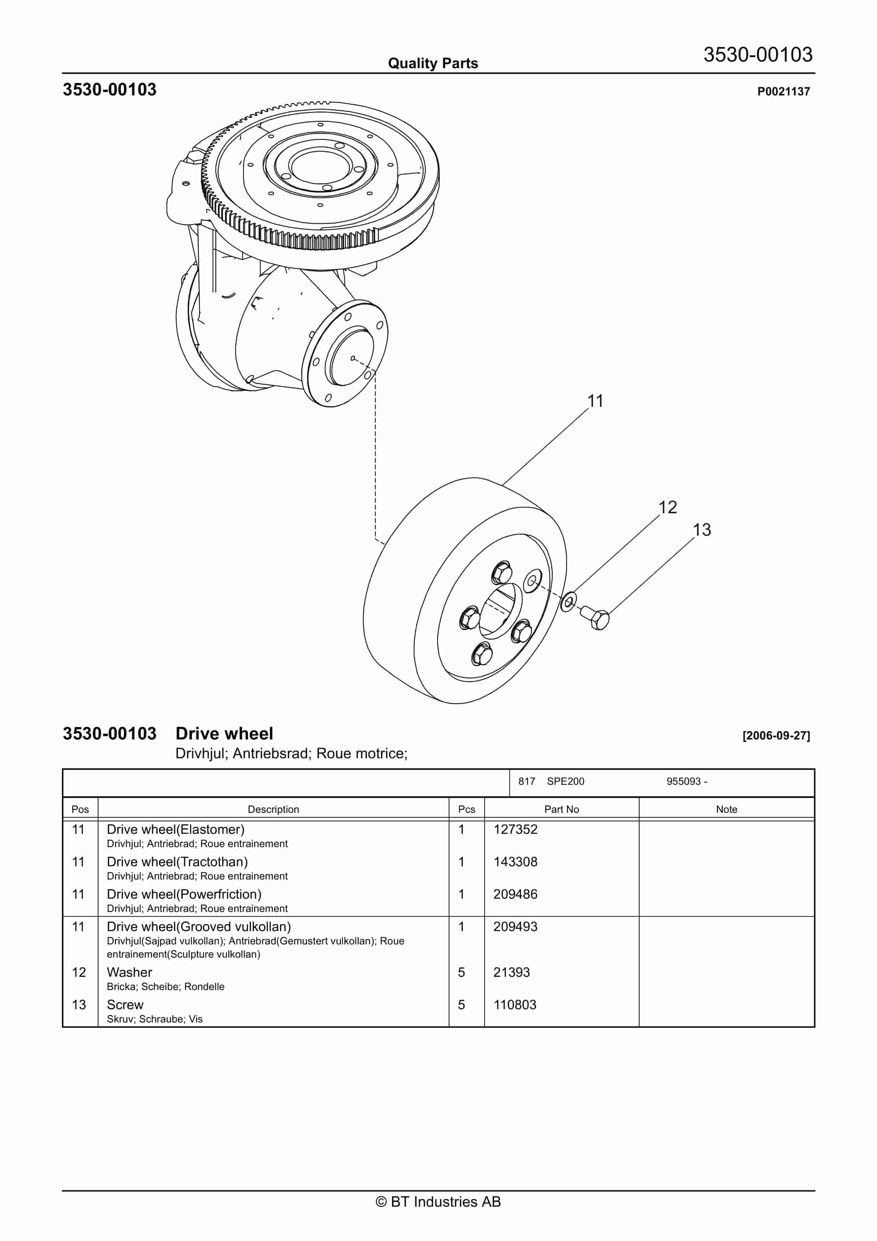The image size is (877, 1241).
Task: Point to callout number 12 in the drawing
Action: (x=667, y=507)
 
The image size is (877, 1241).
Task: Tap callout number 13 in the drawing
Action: (x=702, y=530)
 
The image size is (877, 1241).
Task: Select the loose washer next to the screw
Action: (x=568, y=601)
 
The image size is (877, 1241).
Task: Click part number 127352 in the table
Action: (x=515, y=830)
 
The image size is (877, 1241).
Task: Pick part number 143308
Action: (x=515, y=862)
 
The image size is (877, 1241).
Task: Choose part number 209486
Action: (x=515, y=895)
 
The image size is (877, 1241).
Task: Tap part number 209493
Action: (x=515, y=927)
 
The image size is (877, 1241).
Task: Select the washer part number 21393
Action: (x=511, y=972)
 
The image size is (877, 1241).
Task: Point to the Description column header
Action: (x=273, y=809)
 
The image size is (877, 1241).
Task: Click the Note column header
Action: (x=726, y=809)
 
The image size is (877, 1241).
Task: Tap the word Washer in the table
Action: (x=129, y=972)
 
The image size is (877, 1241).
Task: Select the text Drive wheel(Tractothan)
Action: (x=177, y=862)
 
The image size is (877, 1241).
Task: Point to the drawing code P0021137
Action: (x=783, y=91)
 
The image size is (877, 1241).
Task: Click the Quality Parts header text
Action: (x=433, y=63)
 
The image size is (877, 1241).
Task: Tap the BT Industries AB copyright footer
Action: (x=438, y=1202)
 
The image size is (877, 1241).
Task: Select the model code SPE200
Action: (x=566, y=781)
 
